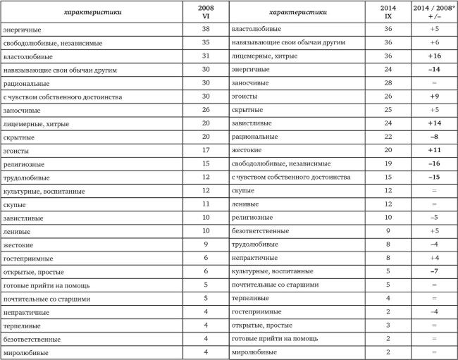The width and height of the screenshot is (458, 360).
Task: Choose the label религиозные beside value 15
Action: click(26, 163)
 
